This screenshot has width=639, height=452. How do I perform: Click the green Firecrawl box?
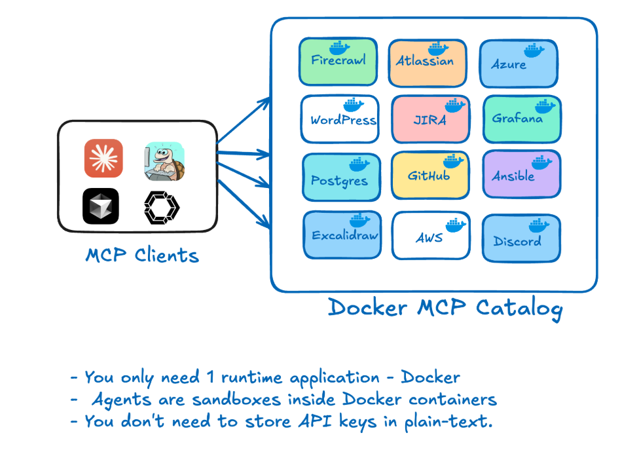point(338,62)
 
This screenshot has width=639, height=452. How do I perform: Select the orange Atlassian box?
point(427,63)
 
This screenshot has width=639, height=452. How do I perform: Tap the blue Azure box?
point(519,64)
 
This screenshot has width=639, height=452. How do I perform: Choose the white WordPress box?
point(340,120)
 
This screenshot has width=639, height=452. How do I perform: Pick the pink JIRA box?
point(430,120)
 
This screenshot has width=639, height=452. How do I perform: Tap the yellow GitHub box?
point(430,176)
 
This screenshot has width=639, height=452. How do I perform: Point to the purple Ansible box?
point(521,175)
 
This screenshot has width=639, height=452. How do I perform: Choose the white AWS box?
point(431,236)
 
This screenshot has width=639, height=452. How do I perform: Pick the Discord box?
point(521,238)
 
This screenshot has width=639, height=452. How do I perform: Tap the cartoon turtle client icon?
point(164,161)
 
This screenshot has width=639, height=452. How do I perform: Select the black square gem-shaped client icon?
point(100,206)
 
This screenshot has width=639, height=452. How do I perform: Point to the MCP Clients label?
point(142,255)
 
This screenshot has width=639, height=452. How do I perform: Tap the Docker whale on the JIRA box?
point(455,104)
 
